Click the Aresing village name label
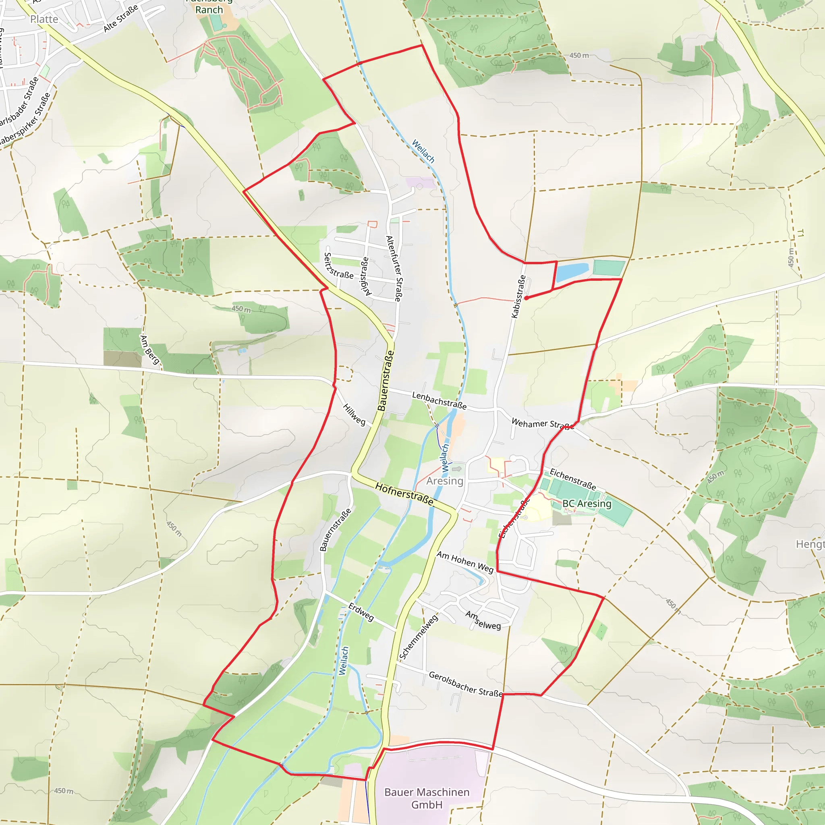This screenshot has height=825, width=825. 445,481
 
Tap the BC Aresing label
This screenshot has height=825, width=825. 587,504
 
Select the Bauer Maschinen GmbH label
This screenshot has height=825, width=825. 427,798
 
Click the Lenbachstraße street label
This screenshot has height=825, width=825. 439,400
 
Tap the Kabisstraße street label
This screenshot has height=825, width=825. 518,296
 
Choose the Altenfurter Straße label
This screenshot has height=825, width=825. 394,269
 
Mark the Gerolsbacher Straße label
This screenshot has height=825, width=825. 465,684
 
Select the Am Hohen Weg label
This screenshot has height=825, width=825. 465,562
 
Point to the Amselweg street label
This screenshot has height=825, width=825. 483,620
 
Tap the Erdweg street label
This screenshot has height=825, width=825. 361,611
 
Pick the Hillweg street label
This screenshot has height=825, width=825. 354,415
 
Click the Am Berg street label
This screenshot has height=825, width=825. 150,350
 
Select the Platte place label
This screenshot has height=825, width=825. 44,19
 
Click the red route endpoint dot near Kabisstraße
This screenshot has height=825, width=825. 526,298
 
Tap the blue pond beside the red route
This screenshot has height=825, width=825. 571,272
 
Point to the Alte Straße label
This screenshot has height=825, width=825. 121,18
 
